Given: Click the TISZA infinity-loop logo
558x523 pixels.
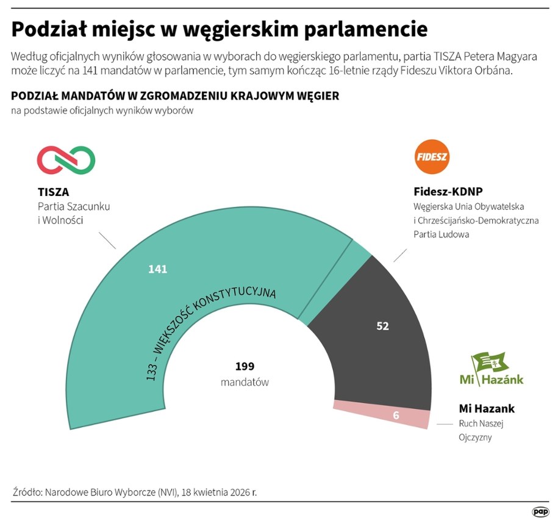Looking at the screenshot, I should pyautogui.click(x=66, y=160).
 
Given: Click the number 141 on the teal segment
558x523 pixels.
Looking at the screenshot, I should pyautogui.click(x=157, y=269).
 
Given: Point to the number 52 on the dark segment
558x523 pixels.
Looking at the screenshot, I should pyautogui.click(x=382, y=326).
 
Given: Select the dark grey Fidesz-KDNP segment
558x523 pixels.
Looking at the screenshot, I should pyautogui.click(x=366, y=342).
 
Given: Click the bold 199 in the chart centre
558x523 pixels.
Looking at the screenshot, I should pyautogui.click(x=245, y=366).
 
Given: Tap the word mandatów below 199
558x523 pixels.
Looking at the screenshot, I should pyautogui.click(x=245, y=382).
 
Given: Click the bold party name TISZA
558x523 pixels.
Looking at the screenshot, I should pyautogui.click(x=53, y=192).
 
